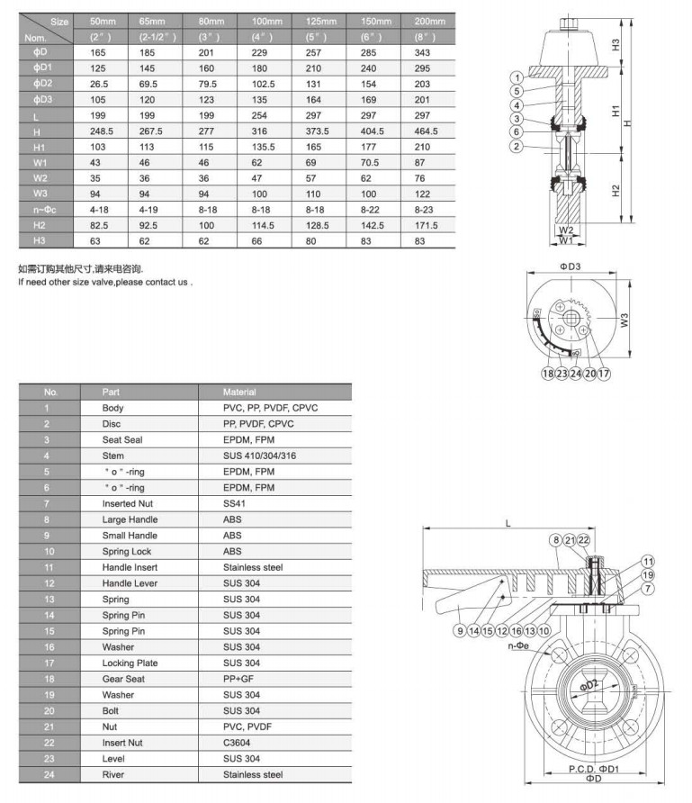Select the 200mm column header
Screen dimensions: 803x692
(430, 20)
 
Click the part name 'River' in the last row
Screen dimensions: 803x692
(113, 774)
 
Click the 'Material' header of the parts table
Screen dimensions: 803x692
(239, 392)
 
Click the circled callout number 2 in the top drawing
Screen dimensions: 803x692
(516, 147)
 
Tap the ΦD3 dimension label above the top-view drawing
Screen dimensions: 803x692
(571, 266)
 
